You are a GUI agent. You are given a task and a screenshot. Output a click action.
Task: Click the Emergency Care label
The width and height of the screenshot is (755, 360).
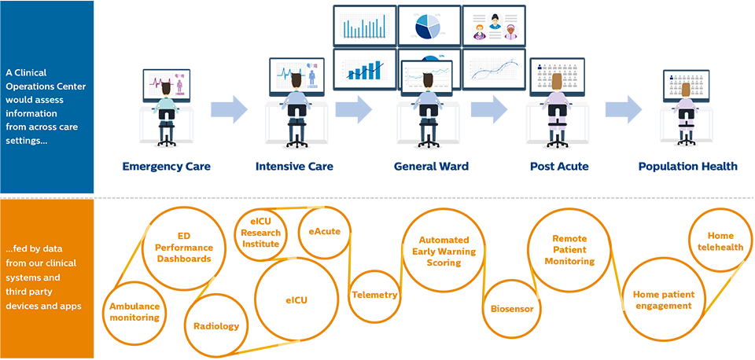tap(166, 166)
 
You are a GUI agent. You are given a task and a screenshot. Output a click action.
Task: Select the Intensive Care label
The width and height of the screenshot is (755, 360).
tap(294, 166)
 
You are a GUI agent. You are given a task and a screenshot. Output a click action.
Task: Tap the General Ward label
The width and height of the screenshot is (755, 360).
tap(431, 166)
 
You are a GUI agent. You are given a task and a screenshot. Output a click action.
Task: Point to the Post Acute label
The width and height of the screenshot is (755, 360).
tap(559, 166)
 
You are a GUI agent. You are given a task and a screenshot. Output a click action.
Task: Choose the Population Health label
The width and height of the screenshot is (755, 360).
tap(687, 166)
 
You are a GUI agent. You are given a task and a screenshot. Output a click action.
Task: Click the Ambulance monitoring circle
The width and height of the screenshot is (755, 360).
tap(134, 312)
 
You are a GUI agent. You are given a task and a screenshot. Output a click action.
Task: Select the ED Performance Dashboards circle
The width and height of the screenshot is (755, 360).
tap(182, 248)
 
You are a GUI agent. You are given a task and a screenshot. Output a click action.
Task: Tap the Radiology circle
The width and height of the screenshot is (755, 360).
tap(216, 325)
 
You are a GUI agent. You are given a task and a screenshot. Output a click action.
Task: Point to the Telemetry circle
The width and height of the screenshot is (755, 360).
tap(374, 296)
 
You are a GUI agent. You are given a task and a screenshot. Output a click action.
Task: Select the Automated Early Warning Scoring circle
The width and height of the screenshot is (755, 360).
tap(444, 252)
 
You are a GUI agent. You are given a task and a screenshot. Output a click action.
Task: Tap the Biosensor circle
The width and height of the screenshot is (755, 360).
tap(512, 309)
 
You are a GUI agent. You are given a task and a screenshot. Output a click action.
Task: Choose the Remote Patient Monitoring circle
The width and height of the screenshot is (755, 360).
tap(569, 250)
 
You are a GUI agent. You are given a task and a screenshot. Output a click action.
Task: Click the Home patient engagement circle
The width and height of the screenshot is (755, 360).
tap(662, 300)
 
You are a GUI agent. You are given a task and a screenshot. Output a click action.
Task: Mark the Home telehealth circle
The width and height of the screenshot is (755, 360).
tap(720, 241)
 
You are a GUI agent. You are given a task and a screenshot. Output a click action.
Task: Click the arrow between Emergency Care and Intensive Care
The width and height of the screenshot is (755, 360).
tap(229, 110)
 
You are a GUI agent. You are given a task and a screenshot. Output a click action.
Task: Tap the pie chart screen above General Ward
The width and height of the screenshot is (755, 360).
tap(428, 25)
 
